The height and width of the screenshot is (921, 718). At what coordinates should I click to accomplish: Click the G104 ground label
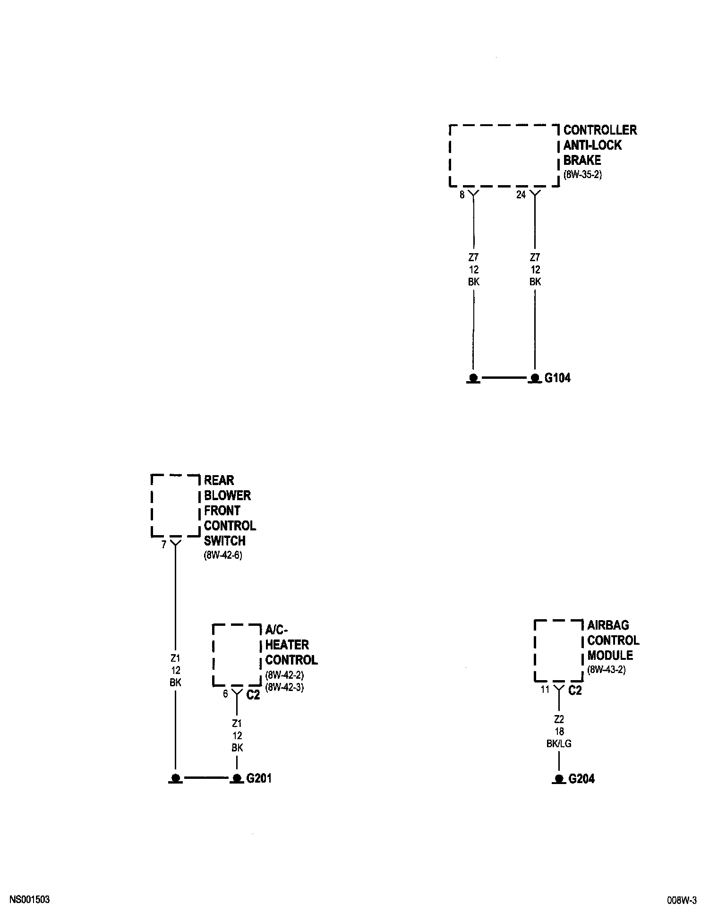pos(557,378)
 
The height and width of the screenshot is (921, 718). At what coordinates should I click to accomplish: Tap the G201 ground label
pos(259,778)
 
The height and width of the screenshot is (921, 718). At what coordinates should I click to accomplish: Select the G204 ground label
pos(581,779)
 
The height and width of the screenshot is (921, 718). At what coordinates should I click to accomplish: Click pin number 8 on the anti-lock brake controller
pos(462,195)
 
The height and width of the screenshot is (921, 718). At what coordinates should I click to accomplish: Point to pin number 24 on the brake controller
pos(521,195)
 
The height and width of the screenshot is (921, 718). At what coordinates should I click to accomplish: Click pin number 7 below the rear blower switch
pos(164,545)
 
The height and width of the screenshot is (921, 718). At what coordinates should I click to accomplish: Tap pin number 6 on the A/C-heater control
pos(225,693)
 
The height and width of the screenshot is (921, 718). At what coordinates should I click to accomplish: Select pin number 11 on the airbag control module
pos(545,690)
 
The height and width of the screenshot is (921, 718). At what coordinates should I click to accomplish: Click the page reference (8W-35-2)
pos(582,175)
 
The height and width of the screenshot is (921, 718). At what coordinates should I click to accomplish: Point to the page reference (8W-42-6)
pos(222,555)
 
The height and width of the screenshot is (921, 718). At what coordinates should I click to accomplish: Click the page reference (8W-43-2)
pos(606,670)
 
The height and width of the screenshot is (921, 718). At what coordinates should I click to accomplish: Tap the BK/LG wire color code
pos(559,743)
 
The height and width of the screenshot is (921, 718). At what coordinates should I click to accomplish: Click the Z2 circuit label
pos(559,719)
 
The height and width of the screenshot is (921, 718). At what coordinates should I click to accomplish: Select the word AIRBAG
pos(608,625)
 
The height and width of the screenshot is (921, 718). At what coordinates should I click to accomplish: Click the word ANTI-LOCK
pos(592,145)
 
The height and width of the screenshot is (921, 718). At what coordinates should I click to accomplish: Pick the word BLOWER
pos(227,495)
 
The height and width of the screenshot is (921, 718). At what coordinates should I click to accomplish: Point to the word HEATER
pos(287,645)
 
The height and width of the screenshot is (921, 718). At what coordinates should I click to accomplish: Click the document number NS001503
pos(29,900)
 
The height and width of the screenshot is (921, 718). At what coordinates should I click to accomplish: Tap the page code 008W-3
pos(682,900)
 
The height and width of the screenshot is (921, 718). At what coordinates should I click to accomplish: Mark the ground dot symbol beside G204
pos(559,778)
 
